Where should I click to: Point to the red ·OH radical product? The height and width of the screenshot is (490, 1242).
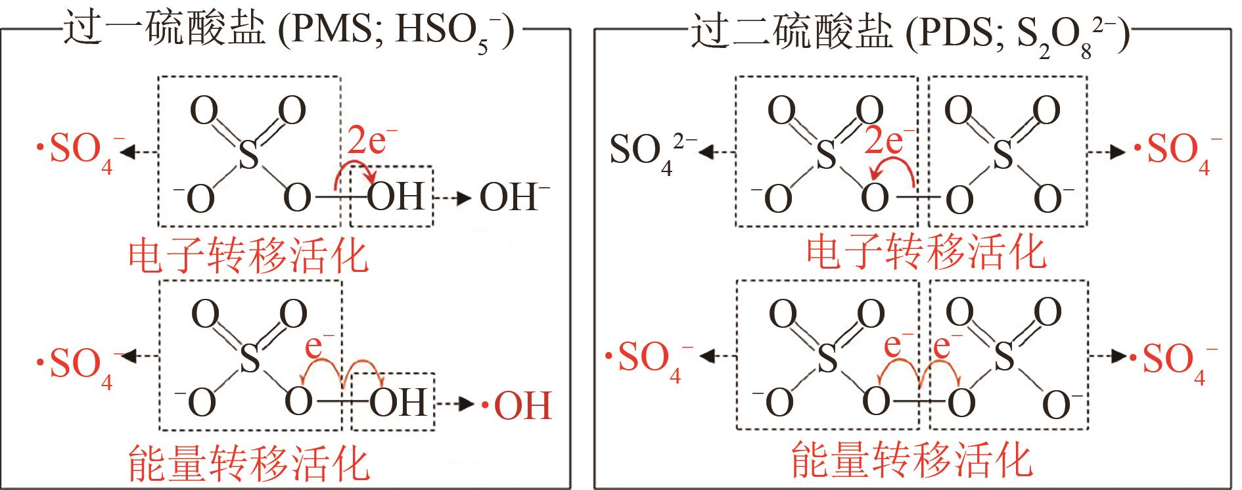coord(517,405)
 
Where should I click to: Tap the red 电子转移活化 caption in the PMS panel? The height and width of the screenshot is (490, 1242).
coord(248,256)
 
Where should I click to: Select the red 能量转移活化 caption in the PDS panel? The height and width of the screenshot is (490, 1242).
coord(911,460)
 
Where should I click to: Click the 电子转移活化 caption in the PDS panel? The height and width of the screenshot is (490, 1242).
coord(926,252)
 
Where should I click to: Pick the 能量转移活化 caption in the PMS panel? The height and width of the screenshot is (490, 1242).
coord(248,463)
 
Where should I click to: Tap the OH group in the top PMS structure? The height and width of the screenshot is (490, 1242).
coord(396,196)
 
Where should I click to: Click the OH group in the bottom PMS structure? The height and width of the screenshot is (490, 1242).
coord(398,403)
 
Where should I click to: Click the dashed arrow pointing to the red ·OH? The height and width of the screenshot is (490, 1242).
coord(455,404)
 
